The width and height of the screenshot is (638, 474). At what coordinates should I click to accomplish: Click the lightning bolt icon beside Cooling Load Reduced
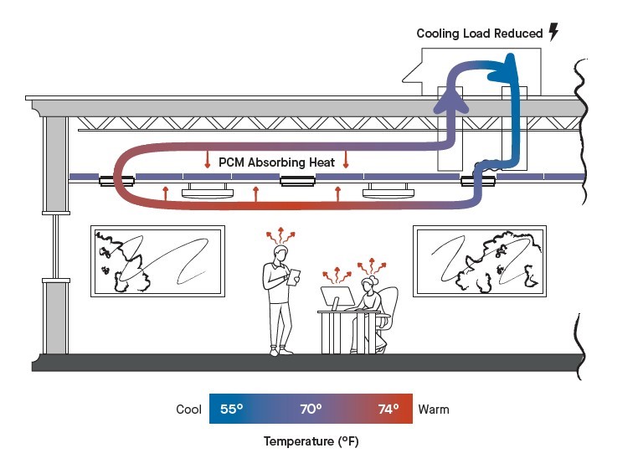point(553,32)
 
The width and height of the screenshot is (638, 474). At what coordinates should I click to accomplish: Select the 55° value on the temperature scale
point(232,410)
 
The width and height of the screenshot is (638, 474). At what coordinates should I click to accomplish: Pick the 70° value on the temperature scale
point(311,410)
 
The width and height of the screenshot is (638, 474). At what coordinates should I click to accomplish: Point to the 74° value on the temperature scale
point(388,410)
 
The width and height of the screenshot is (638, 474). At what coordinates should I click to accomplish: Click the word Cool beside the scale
point(188,410)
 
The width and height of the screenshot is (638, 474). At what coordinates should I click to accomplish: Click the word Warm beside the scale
point(434,410)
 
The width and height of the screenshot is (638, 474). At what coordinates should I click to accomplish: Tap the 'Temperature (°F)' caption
point(311,441)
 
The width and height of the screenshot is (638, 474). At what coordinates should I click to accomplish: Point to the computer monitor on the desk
point(337,296)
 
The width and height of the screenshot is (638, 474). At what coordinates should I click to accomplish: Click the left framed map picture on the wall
point(157,260)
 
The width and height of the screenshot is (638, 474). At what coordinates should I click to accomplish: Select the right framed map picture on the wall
point(480,260)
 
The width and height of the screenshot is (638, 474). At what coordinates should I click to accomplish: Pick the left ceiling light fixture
point(207,192)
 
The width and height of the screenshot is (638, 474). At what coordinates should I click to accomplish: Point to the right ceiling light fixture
point(388,192)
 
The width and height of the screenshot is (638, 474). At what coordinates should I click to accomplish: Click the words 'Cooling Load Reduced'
point(480,33)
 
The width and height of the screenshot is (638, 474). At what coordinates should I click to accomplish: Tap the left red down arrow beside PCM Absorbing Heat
point(207,159)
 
